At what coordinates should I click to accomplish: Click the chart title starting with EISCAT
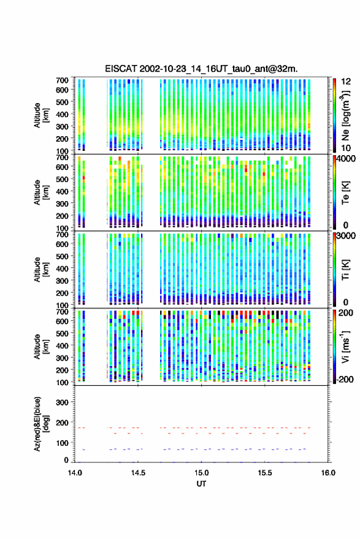point(202,69)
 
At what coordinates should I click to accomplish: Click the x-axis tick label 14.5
point(138,473)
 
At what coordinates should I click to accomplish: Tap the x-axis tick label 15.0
point(201,473)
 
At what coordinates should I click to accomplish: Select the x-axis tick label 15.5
point(265,473)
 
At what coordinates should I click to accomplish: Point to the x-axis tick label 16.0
point(328,473)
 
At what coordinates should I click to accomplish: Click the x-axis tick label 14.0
point(75,473)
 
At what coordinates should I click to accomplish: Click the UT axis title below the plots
point(202,484)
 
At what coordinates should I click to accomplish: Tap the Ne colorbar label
point(345,115)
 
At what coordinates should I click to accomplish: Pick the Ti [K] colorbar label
point(345,270)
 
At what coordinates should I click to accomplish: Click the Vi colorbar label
point(345,346)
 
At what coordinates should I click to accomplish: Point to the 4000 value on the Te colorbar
point(347,159)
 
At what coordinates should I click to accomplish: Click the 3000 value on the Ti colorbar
point(347,236)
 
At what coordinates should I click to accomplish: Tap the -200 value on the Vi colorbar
point(345,380)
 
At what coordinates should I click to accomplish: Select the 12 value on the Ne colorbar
point(347,82)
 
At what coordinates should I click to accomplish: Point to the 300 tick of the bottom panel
point(62,402)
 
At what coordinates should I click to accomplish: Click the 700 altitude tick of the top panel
point(62,80)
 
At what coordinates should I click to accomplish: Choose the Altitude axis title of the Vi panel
point(42,346)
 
